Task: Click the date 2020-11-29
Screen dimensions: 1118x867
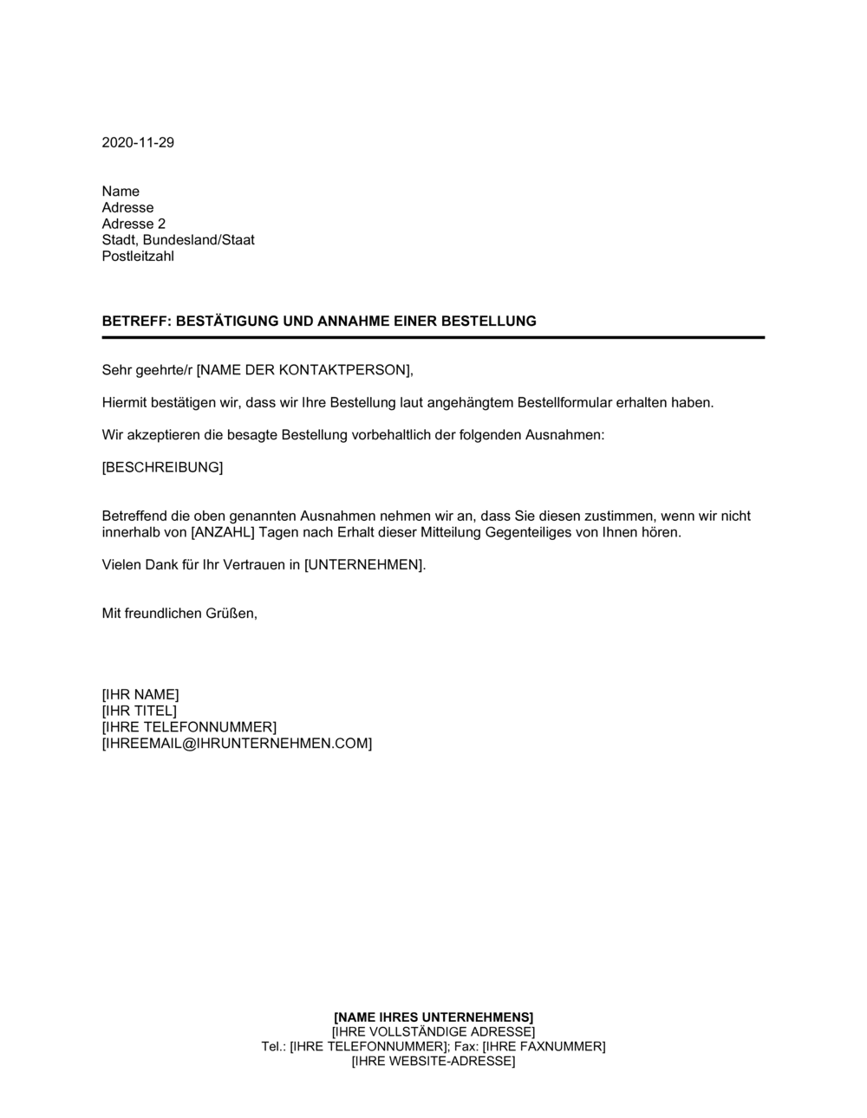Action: pyautogui.click(x=138, y=142)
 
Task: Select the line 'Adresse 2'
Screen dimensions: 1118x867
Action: pyautogui.click(x=134, y=224)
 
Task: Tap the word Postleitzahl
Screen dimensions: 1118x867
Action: pyautogui.click(x=138, y=257)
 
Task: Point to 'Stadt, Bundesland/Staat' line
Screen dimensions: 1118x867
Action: pyautogui.click(x=178, y=240)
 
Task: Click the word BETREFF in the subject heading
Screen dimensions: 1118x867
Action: pyautogui.click(x=135, y=321)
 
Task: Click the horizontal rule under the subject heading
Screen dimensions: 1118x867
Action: pyautogui.click(x=433, y=337)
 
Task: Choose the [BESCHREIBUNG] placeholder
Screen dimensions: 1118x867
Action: pyautogui.click(x=162, y=468)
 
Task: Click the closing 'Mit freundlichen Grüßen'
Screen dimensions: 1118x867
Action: pyautogui.click(x=179, y=614)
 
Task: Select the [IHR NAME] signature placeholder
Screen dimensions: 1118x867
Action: pyautogui.click(x=140, y=694)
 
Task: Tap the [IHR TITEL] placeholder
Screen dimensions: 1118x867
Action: pyautogui.click(x=139, y=711)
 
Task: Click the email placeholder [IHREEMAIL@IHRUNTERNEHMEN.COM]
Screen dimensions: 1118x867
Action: pyautogui.click(x=237, y=744)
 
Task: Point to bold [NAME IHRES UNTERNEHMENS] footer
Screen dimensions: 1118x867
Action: pyautogui.click(x=433, y=1017)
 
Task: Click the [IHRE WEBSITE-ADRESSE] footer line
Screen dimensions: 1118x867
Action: pyautogui.click(x=433, y=1061)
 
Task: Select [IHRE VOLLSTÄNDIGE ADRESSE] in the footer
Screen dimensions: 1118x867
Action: pyautogui.click(x=433, y=1031)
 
